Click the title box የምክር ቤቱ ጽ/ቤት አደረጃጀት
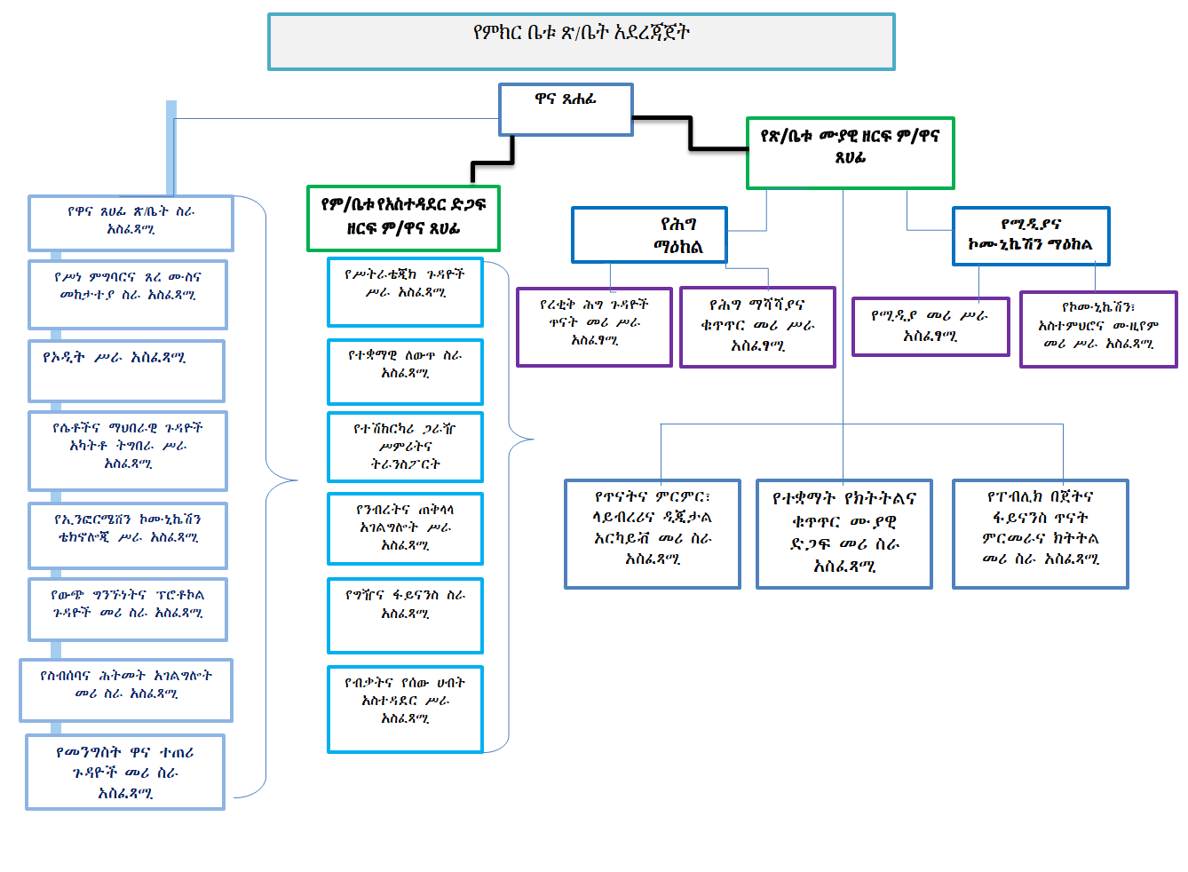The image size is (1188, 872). pyautogui.click(x=581, y=42)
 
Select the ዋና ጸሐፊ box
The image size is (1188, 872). pyautogui.click(x=566, y=109)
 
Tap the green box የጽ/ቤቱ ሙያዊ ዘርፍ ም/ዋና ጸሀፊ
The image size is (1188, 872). pyautogui.click(x=850, y=153)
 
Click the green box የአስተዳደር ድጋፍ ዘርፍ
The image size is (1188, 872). pyautogui.click(x=403, y=218)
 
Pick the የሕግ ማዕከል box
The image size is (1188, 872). pyautogui.click(x=649, y=235)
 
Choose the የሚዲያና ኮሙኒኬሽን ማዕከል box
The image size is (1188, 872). pyautogui.click(x=1030, y=236)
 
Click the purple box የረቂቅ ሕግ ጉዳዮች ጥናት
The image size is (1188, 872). pyautogui.click(x=594, y=327)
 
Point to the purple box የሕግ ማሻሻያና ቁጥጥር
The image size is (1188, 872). pyautogui.click(x=757, y=327)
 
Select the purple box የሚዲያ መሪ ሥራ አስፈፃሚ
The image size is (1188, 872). pyautogui.click(x=930, y=327)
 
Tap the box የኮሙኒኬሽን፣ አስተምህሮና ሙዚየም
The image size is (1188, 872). pyautogui.click(x=1098, y=329)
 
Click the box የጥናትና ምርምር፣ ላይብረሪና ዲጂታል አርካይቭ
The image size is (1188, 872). pyautogui.click(x=653, y=534)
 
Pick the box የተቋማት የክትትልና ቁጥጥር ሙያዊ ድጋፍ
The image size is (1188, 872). pyautogui.click(x=843, y=534)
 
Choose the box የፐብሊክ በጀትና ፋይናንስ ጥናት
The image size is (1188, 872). pyautogui.click(x=1040, y=534)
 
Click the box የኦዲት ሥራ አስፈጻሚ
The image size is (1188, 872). pyautogui.click(x=126, y=370)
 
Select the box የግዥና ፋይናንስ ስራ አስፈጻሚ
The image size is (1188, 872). pyautogui.click(x=405, y=614)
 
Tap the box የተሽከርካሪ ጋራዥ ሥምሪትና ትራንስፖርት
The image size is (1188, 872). pyautogui.click(x=405, y=447)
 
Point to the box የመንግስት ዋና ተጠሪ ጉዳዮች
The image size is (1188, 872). pyautogui.click(x=125, y=772)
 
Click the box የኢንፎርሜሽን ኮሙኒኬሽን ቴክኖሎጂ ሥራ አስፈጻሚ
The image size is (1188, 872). pyautogui.click(x=128, y=535)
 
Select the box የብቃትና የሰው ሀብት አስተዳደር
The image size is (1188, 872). pyautogui.click(x=405, y=709)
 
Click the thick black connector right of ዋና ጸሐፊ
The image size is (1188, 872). pyautogui.click(x=690, y=131)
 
